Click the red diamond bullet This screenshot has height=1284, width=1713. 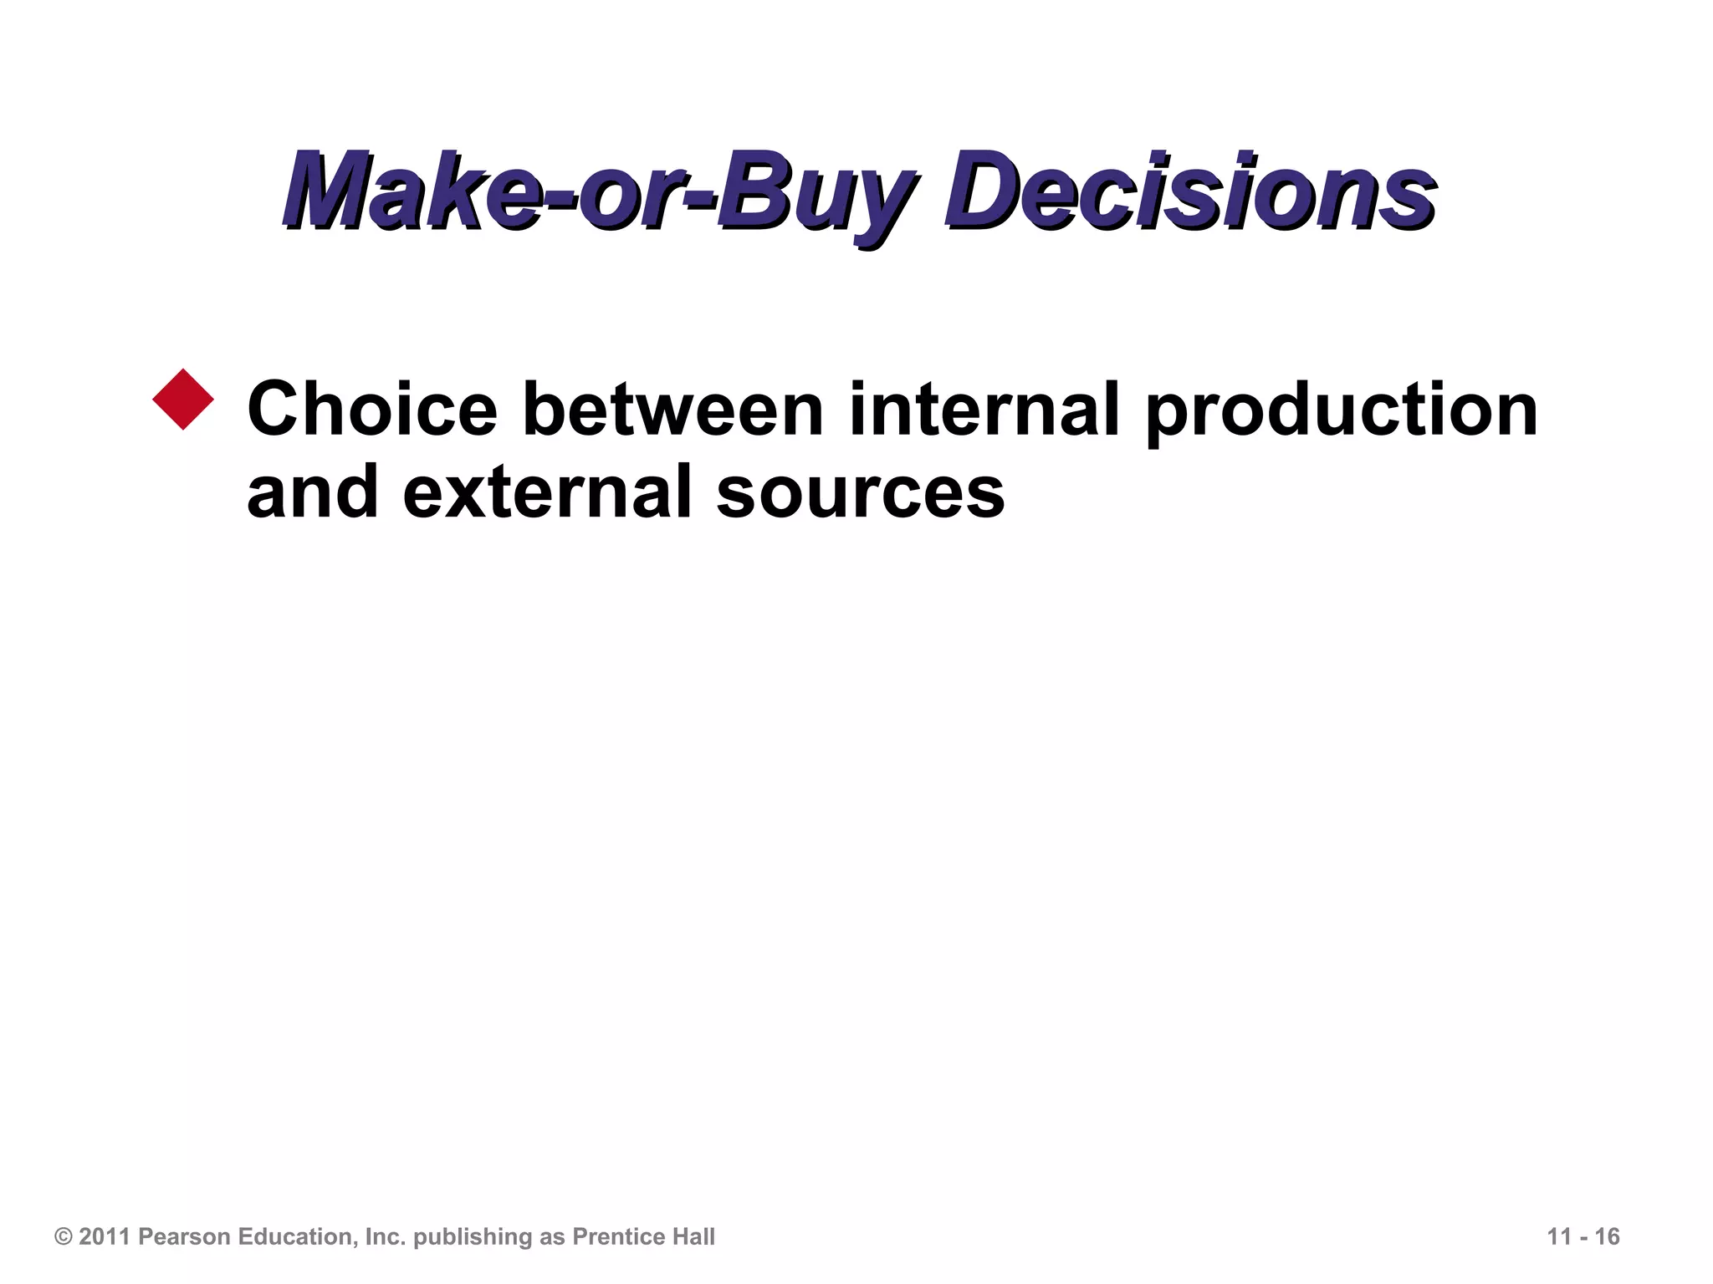tap(184, 400)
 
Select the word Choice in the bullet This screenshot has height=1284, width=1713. tap(372, 410)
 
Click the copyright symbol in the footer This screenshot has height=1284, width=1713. tap(63, 1237)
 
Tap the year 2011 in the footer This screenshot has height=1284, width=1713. tap(105, 1237)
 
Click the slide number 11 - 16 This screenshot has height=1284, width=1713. tap(1583, 1237)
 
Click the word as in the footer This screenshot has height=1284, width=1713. tap(553, 1237)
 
